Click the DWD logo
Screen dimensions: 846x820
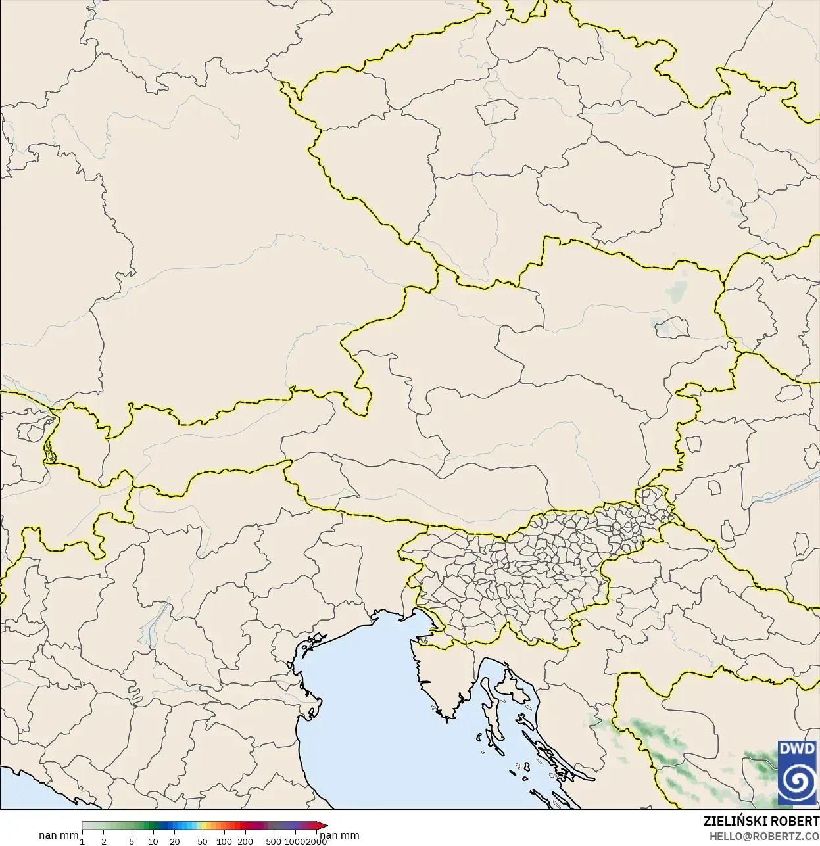[x=797, y=772]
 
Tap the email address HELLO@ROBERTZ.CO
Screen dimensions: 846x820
[x=763, y=836]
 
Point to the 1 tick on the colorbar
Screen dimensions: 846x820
[x=82, y=841]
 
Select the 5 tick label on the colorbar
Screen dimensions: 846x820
[x=132, y=841]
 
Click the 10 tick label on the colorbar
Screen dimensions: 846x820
[x=153, y=841]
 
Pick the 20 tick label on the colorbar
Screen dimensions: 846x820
[x=175, y=841]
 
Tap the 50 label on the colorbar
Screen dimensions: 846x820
[x=203, y=841]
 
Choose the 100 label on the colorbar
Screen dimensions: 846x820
[x=224, y=841]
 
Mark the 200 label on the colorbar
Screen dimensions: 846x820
[x=245, y=841]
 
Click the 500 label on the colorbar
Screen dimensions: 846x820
[x=274, y=841]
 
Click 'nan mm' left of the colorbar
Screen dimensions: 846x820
[x=59, y=835]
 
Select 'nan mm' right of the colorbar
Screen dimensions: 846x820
[x=340, y=835]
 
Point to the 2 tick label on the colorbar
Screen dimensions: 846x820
[x=104, y=841]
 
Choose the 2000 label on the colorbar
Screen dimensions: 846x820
[x=316, y=841]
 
